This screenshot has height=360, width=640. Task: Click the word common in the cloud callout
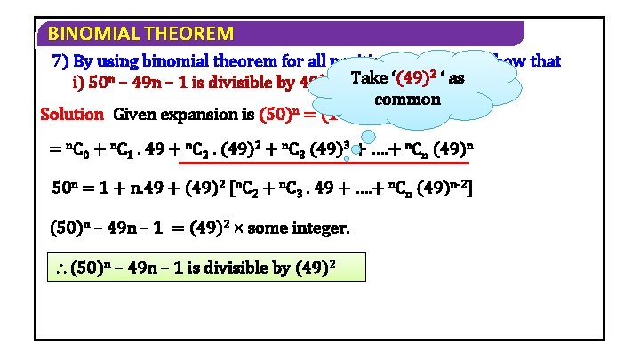(408, 98)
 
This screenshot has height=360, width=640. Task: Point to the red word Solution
(72, 115)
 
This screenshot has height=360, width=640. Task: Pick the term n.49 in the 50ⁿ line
(141, 189)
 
